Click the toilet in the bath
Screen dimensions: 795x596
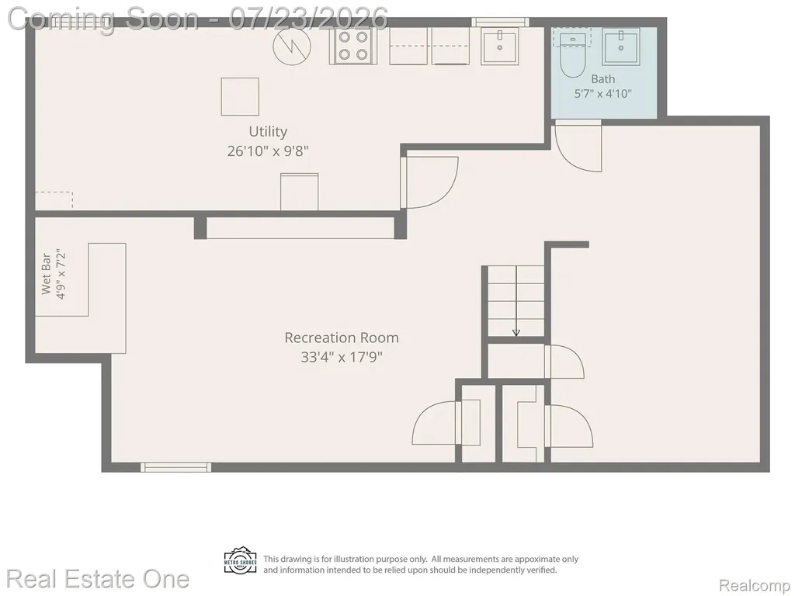coord(573,55)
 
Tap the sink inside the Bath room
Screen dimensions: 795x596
coord(621,47)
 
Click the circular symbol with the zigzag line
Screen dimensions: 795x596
coord(292,46)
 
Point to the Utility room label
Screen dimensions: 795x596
coord(268,131)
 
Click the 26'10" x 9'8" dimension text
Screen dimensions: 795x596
coord(268,151)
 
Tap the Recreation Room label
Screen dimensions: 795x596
coord(342,338)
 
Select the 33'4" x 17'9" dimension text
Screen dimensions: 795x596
coord(342,357)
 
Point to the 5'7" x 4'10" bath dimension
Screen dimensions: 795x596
coord(602,94)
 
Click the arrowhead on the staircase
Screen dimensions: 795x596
coord(516,332)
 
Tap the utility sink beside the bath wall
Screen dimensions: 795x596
coord(500,46)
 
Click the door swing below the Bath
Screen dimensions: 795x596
coord(578,147)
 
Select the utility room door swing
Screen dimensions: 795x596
coord(430,182)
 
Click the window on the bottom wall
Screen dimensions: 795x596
coord(175,467)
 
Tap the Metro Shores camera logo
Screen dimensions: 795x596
coord(241,561)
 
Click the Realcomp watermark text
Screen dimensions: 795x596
coord(754,585)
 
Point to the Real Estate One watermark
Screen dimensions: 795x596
coord(98,579)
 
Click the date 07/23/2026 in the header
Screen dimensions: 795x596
coord(308,19)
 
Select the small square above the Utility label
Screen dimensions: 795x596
coord(240,97)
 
